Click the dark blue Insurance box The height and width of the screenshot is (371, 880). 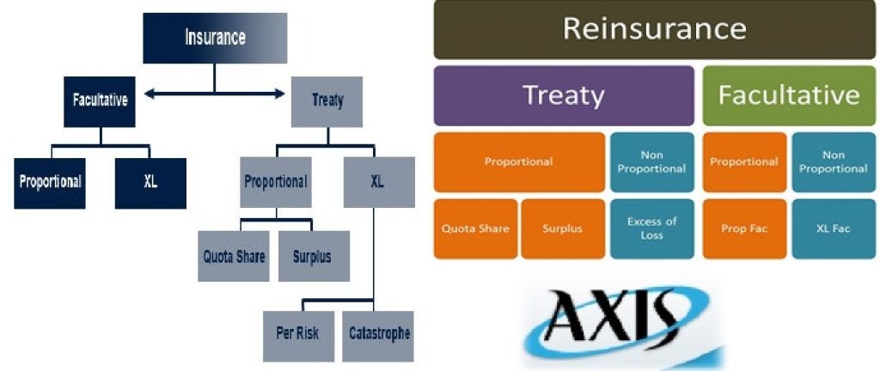pyautogui.click(x=215, y=38)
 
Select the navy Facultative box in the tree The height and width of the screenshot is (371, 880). pyautogui.click(x=101, y=101)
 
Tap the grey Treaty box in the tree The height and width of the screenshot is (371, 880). pyautogui.click(x=327, y=101)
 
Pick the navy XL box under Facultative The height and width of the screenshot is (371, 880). pyautogui.click(x=150, y=183)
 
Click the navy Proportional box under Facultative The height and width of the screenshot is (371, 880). pyautogui.click(x=50, y=183)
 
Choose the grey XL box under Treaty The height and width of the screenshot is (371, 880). pyautogui.click(x=379, y=182)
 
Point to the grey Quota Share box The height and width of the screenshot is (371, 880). pyautogui.click(x=234, y=256)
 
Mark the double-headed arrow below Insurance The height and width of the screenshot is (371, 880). pyautogui.click(x=215, y=94)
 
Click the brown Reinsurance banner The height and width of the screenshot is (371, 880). pyautogui.click(x=654, y=30)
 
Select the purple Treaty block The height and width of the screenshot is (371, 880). pyautogui.click(x=564, y=96)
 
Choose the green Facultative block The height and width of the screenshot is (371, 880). pyautogui.click(x=789, y=96)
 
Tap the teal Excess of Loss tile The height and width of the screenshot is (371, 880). pyautogui.click(x=651, y=228)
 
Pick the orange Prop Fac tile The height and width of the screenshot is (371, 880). pyautogui.click(x=744, y=228)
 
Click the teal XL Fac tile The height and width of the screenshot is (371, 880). pyautogui.click(x=834, y=228)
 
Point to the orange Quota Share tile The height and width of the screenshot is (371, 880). pyautogui.click(x=475, y=228)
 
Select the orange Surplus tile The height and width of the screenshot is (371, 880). pyautogui.click(x=563, y=228)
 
